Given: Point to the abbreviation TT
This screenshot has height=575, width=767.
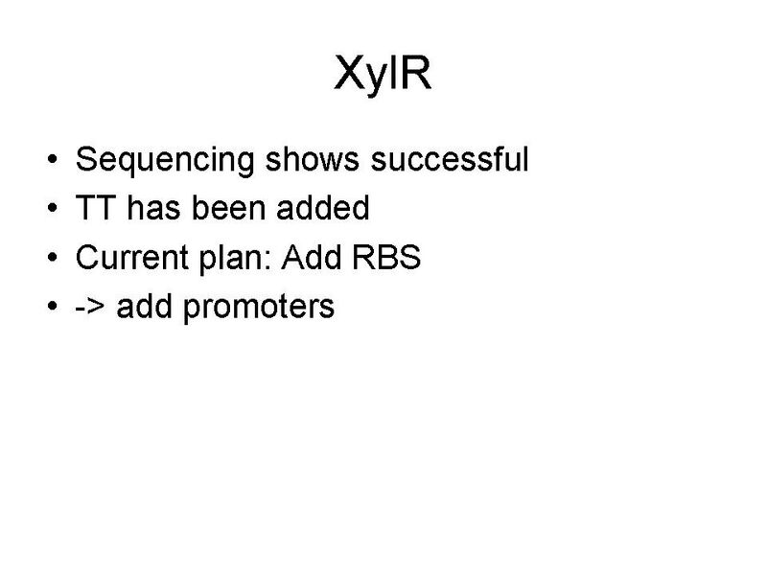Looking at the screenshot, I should click(94, 208).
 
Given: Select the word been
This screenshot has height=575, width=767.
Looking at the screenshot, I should click(221, 208).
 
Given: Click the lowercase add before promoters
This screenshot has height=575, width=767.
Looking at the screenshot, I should click(144, 308).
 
